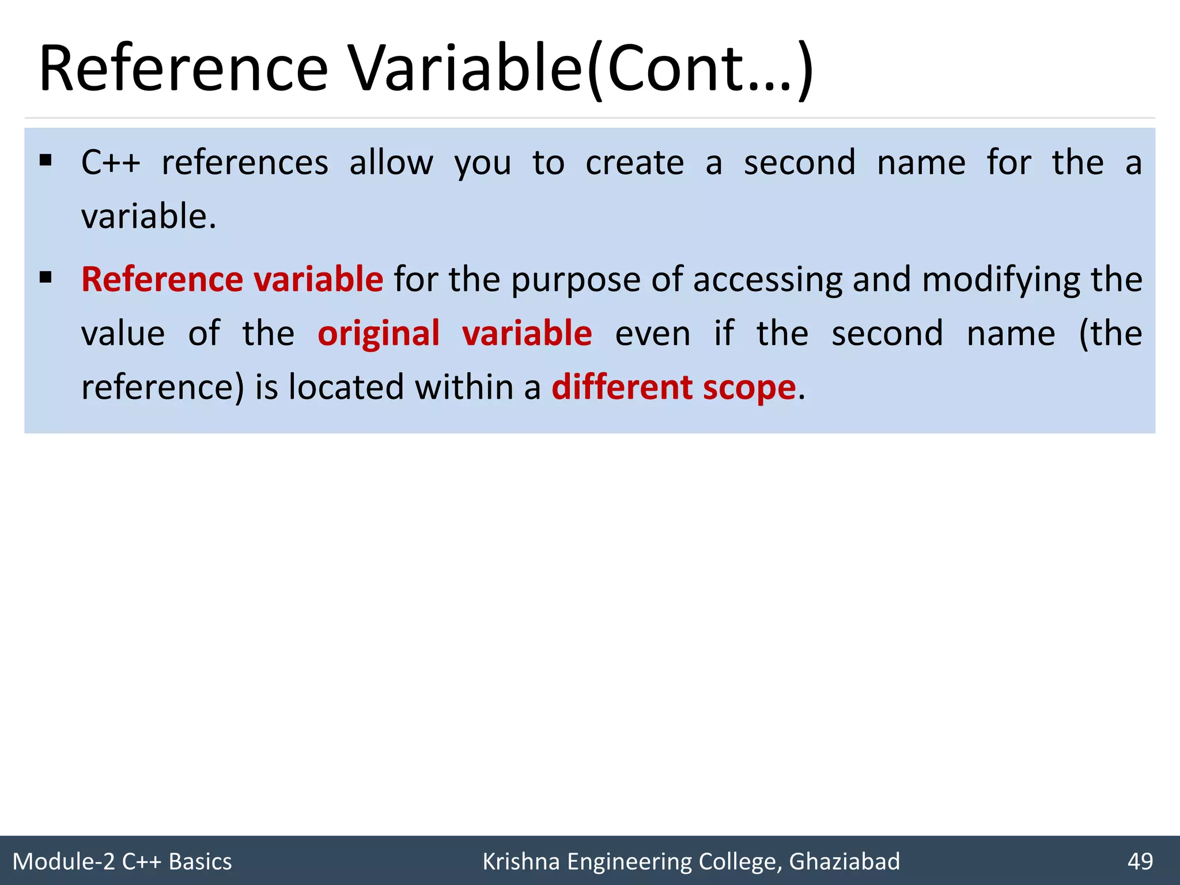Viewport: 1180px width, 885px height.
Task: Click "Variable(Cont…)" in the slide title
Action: pos(582,69)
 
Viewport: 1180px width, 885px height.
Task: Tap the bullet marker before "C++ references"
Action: pos(46,160)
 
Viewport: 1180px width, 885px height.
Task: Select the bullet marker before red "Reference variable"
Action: pos(46,278)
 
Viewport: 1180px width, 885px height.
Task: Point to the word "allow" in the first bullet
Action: pos(391,162)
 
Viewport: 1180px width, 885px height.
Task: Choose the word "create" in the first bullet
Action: pos(635,162)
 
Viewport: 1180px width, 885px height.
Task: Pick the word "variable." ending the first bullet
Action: pos(149,217)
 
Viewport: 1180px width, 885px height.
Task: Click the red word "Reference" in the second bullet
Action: pos(162,279)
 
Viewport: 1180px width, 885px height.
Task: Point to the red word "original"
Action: pos(379,334)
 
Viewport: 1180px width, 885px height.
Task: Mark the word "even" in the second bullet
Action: pos(653,334)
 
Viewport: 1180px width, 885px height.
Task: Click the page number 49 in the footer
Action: pos(1140,861)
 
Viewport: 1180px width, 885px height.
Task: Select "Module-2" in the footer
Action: pos(63,861)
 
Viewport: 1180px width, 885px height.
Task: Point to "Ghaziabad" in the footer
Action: pos(844,861)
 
